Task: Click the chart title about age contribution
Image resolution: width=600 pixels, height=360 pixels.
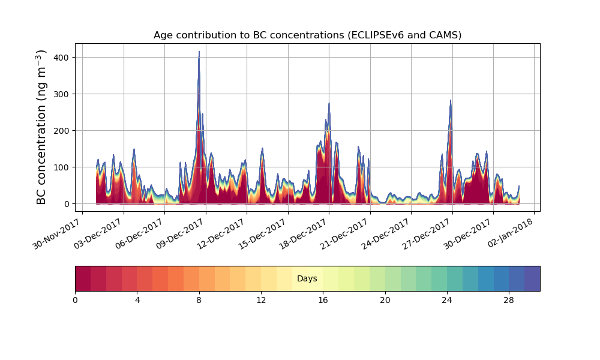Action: pos(307,35)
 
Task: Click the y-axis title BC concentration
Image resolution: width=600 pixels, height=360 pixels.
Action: pos(41,127)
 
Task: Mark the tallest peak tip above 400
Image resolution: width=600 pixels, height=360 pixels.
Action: pos(199,52)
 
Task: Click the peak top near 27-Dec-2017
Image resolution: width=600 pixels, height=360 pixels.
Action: pos(450,101)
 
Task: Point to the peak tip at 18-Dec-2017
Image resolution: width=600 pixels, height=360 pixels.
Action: pos(329,104)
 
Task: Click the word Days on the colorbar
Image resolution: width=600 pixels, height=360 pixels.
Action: pos(307,279)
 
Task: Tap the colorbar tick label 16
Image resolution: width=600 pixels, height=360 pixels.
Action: pos(323,300)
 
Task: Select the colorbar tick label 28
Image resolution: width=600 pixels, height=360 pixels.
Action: pos(509,300)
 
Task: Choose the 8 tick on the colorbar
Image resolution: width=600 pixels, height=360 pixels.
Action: pos(199,300)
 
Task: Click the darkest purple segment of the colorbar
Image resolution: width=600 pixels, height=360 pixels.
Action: pos(532,278)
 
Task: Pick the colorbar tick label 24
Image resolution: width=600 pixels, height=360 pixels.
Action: pos(447,300)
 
